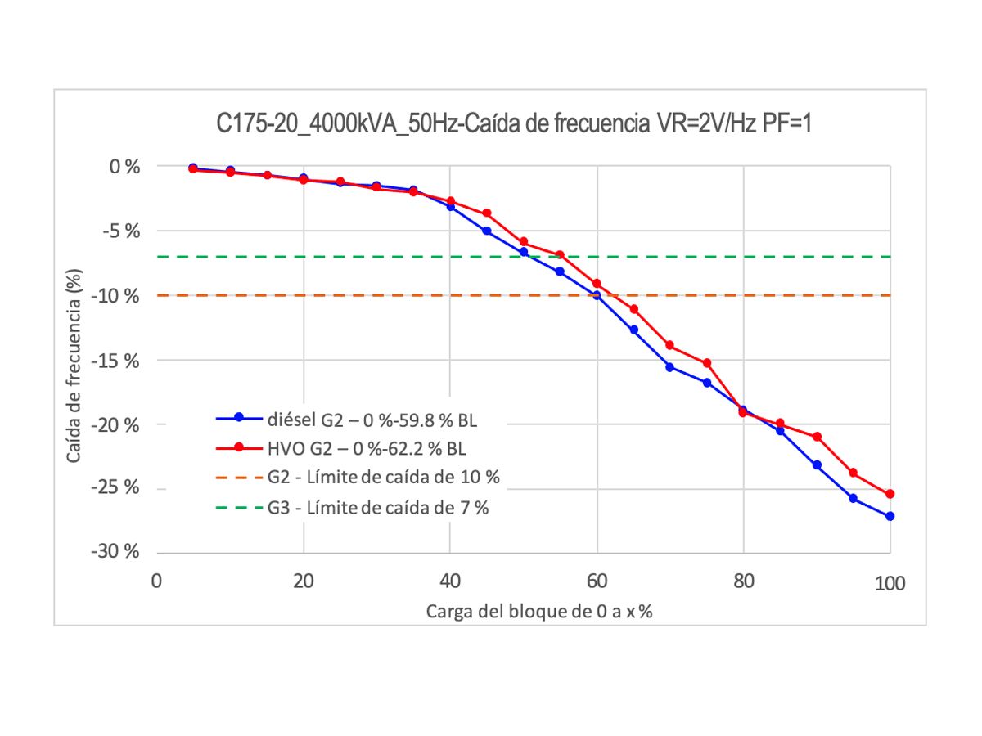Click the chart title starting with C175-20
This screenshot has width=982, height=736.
pos(513,125)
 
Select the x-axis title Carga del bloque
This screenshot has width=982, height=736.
pos(538,613)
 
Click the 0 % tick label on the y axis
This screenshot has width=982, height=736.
pos(126,166)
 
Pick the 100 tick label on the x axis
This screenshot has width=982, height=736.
pos(890,583)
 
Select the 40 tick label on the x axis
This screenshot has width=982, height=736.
pos(449,583)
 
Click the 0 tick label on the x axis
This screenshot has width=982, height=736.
pos(156,583)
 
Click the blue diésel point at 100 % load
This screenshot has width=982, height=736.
pos(890,516)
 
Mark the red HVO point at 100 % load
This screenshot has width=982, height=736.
pos(890,494)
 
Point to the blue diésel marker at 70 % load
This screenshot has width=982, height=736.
pos(669,367)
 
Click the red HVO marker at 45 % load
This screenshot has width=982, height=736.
pos(487,213)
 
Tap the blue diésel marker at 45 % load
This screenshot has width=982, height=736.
pos(487,231)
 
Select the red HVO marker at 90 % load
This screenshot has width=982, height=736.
pos(817,437)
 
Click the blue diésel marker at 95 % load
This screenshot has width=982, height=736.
pos(853,498)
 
